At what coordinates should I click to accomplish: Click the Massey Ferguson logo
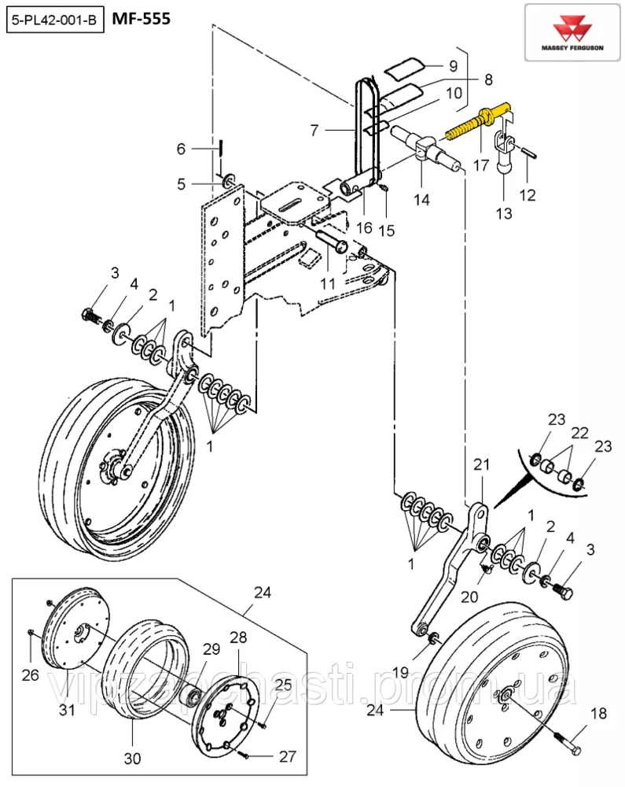[572, 33]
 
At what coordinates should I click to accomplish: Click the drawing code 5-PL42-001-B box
[55, 21]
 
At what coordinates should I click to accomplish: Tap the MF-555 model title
[142, 19]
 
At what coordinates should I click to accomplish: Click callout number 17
[481, 164]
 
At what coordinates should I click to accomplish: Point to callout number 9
[453, 66]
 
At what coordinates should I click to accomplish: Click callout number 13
[504, 213]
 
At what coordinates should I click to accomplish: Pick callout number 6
[181, 149]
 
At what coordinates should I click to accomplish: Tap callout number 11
[327, 283]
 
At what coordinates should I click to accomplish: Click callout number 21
[481, 464]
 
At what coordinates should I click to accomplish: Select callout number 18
[599, 713]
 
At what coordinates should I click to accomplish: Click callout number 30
[132, 759]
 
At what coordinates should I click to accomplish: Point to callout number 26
[30, 675]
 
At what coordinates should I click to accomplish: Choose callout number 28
[238, 637]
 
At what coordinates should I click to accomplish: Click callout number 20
[469, 597]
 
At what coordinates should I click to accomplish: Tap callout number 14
[421, 199]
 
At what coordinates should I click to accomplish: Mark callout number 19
[400, 671]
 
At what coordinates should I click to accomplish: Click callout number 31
[67, 709]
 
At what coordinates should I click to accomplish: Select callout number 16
[364, 228]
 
